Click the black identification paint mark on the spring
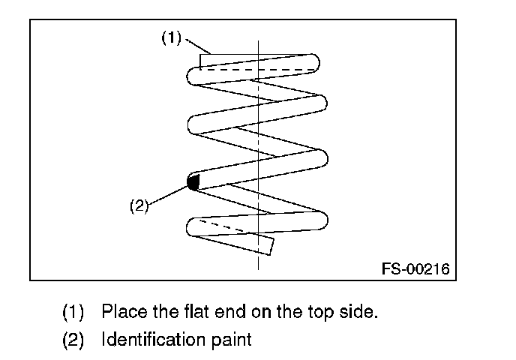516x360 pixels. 193,181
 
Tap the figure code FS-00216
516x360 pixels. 415,268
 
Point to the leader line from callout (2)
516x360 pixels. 169,194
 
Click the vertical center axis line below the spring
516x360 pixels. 259,262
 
